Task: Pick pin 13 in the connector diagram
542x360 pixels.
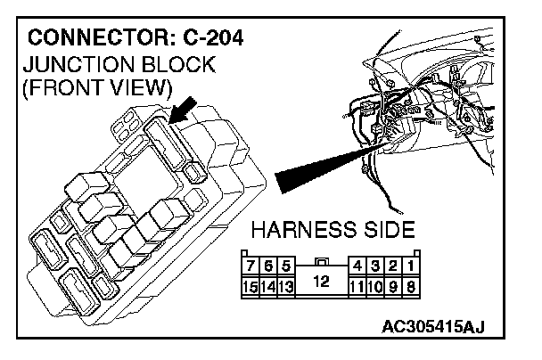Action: pos(287,286)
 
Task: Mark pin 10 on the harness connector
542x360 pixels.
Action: pos(377,286)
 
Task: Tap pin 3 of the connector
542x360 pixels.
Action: pos(377,265)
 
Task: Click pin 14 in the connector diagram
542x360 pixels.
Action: pos(269,286)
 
